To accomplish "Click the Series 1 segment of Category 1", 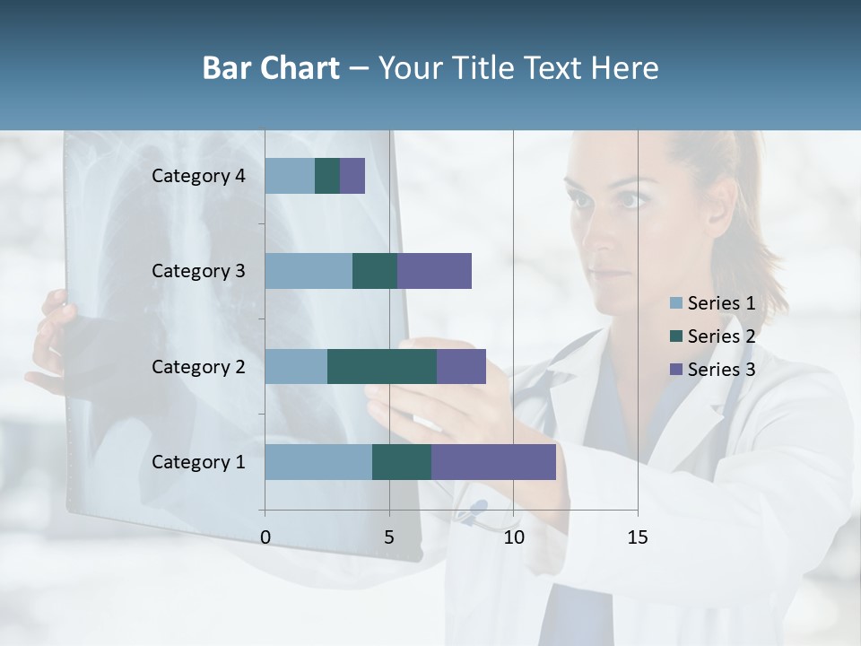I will [318, 462].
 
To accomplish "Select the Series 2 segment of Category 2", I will [382, 366].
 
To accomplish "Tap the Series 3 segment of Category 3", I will [434, 271].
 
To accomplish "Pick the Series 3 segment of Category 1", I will [493, 462].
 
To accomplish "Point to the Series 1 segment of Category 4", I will [290, 176].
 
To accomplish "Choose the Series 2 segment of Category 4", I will [327, 176].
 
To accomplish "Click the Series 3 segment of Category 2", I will [461, 366].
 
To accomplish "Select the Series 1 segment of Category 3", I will [309, 271].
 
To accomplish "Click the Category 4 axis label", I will [198, 176].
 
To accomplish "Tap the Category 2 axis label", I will [198, 366].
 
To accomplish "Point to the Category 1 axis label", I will [198, 462].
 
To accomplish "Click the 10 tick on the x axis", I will [513, 537].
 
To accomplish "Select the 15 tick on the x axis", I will [637, 537].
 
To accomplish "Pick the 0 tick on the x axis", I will [265, 537].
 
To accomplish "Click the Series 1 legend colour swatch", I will [676, 303].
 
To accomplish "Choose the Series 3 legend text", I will [721, 370].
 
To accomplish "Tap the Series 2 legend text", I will [721, 336].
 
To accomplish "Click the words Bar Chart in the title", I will [271, 68].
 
